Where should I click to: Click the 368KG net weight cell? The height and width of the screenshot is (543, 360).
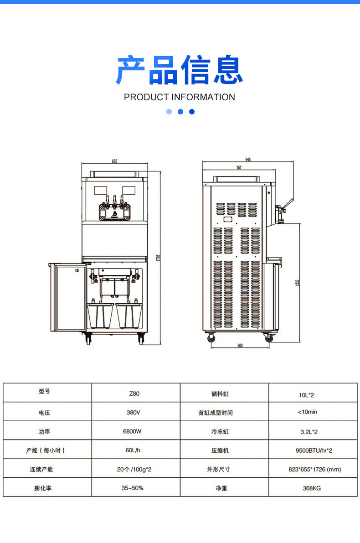(312, 488)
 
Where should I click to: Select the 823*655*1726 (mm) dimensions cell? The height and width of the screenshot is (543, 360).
(314, 469)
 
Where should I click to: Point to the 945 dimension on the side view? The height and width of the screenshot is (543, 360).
(248, 160)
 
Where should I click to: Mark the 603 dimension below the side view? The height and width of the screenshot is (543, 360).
(240, 346)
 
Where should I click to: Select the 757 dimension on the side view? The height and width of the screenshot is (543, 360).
(239, 168)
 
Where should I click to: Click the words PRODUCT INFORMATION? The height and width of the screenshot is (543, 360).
(180, 97)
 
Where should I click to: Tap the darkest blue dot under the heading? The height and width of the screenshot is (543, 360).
(192, 112)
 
